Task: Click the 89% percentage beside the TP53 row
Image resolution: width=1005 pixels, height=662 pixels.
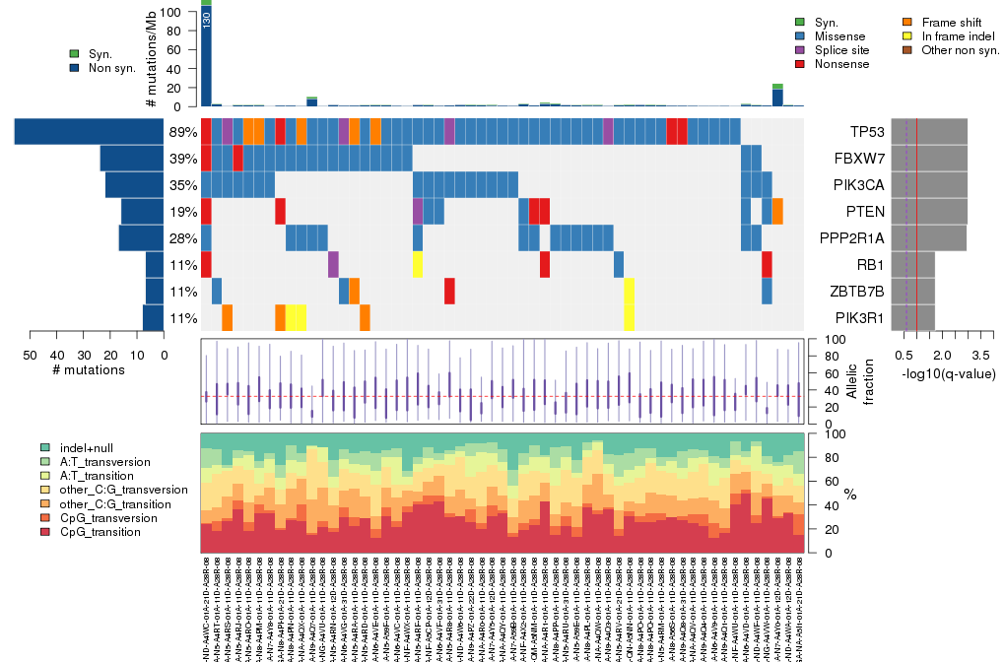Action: point(183,132)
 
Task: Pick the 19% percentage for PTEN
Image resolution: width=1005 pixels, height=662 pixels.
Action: point(183,212)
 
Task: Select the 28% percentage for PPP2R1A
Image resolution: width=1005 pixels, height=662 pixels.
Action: point(183,238)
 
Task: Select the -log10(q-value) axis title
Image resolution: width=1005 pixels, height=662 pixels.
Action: point(947,374)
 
